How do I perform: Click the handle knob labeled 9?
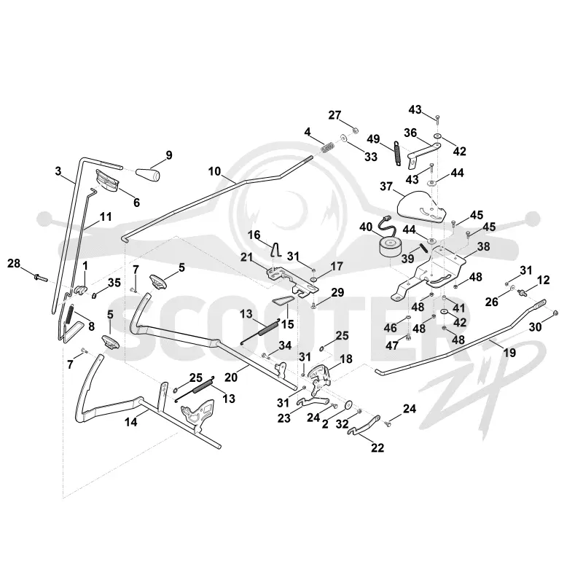(x=148, y=173)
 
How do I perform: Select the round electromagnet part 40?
(x=388, y=243)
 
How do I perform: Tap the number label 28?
(x=14, y=264)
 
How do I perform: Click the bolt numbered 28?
(x=41, y=278)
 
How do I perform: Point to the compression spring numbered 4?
(x=326, y=147)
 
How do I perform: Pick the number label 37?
(x=386, y=186)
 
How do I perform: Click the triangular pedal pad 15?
(x=282, y=300)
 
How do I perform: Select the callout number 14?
(x=131, y=422)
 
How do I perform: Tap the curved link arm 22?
(x=366, y=424)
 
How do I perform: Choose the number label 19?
(x=509, y=353)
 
